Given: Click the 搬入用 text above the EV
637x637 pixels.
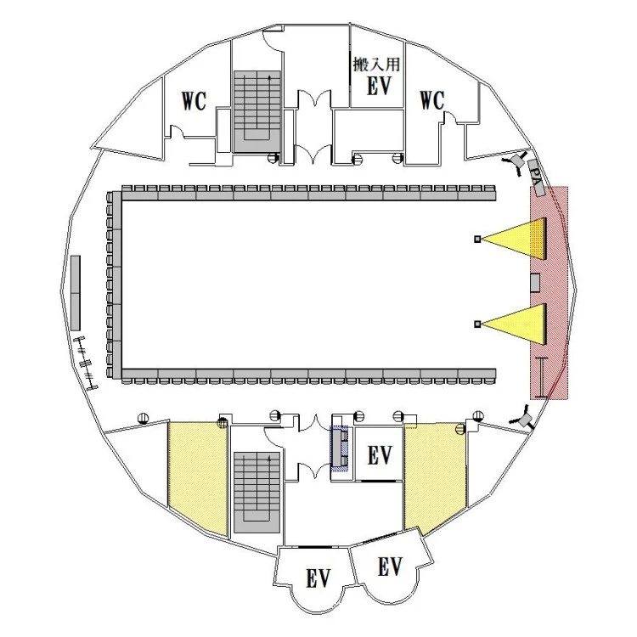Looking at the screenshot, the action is pyautogui.click(x=376, y=65).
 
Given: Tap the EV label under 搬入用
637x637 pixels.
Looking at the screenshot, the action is pyautogui.click(x=379, y=86).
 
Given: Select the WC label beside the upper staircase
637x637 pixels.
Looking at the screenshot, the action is pyautogui.click(x=194, y=101).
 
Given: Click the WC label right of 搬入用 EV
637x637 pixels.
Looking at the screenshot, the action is pyautogui.click(x=432, y=100).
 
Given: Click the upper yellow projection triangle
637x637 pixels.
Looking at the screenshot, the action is pyautogui.click(x=514, y=239).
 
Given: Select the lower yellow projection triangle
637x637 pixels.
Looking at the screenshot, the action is pyautogui.click(x=514, y=324).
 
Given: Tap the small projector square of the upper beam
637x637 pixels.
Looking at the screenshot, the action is pyautogui.click(x=477, y=239).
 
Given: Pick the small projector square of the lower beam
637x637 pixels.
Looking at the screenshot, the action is pyautogui.click(x=477, y=324).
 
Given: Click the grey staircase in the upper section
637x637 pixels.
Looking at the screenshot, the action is pyautogui.click(x=257, y=112).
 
